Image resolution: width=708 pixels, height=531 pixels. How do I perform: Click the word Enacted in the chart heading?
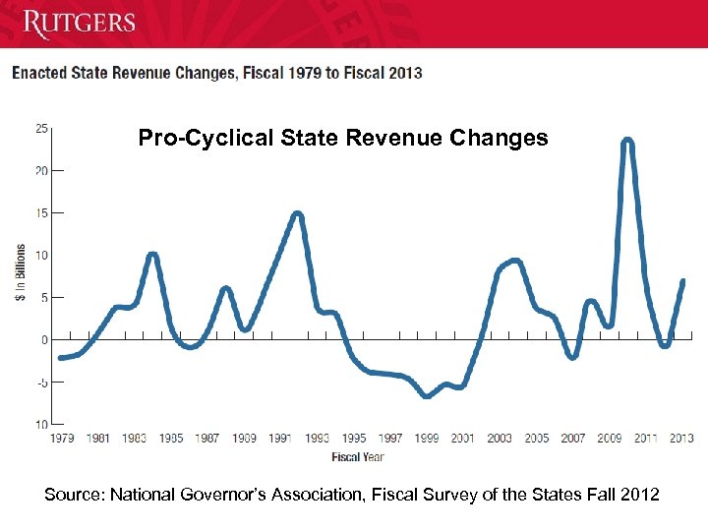point(38,73)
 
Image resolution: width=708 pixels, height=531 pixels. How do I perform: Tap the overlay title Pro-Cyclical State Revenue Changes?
point(343,138)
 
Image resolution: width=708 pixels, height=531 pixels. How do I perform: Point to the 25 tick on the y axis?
point(42,128)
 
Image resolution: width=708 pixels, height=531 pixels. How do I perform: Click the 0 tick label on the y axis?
point(44,340)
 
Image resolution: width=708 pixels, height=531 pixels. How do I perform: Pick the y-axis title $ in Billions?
point(21,273)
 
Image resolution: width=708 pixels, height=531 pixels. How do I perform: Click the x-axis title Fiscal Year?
point(358,456)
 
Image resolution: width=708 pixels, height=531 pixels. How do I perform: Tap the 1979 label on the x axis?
point(61,439)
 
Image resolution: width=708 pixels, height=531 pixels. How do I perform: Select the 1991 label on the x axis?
point(279,439)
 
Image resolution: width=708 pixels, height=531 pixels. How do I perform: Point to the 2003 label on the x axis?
point(500,439)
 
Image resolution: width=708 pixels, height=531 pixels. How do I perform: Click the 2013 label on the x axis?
point(680,439)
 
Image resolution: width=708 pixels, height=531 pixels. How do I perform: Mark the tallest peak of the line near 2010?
point(627,142)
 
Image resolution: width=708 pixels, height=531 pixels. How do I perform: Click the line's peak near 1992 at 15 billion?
point(297,214)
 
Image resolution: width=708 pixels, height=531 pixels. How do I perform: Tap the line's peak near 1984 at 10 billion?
point(152,255)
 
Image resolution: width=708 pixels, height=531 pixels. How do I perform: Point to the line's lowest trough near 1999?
point(426,395)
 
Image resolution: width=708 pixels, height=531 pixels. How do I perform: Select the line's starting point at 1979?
point(61,358)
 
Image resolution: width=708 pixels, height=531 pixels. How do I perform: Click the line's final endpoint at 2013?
point(682,281)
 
